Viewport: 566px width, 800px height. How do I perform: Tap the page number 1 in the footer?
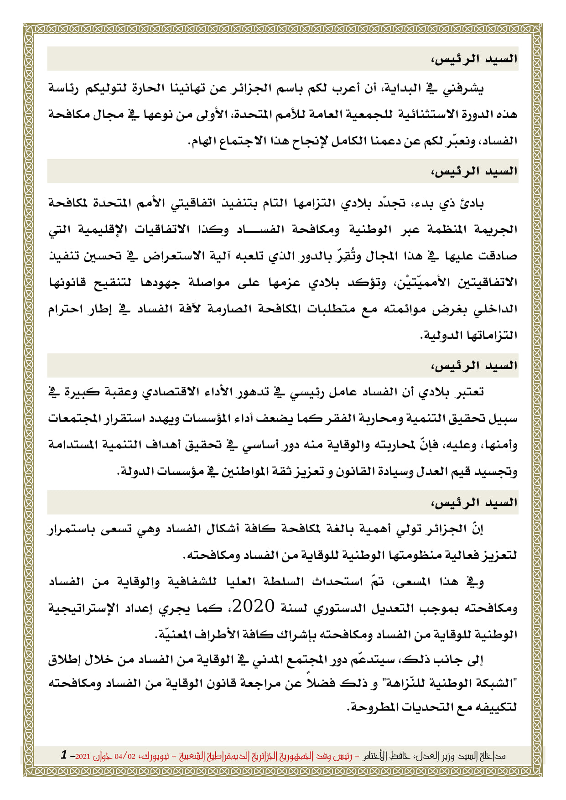[64, 755]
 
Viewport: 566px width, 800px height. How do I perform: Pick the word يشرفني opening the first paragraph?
[463, 88]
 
